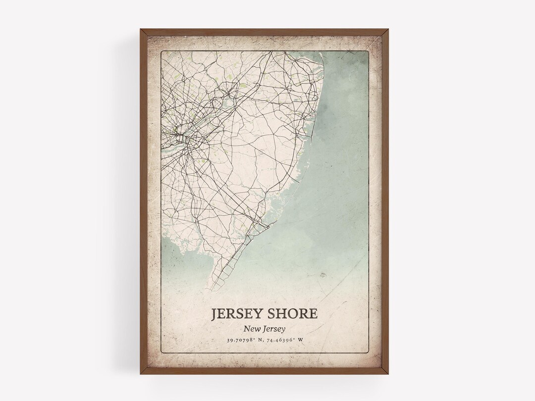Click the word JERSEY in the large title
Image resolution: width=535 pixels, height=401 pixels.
tap(238, 315)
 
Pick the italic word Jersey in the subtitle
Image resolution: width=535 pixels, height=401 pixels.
tap(277, 328)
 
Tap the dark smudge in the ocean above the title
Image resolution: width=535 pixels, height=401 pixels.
tap(324, 274)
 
